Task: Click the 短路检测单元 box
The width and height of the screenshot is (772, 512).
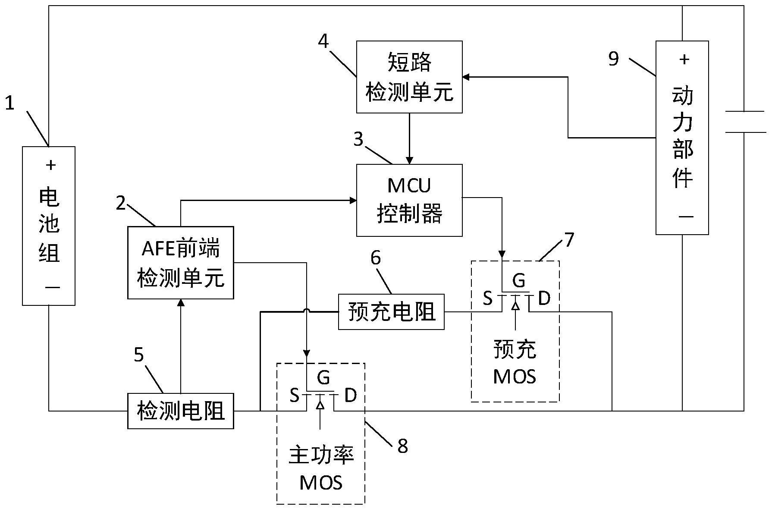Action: pyautogui.click(x=409, y=77)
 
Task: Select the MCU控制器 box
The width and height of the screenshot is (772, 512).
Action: pyautogui.click(x=409, y=200)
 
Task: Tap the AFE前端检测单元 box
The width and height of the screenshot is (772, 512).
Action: pyautogui.click(x=180, y=262)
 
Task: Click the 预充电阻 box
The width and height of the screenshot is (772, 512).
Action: pyautogui.click(x=391, y=311)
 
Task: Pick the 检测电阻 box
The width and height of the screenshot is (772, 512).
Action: pyautogui.click(x=180, y=411)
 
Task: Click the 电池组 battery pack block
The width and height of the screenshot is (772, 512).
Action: pyautogui.click(x=49, y=226)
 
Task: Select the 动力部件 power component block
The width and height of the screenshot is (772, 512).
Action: pyautogui.click(x=682, y=138)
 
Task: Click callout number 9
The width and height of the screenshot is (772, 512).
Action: pyautogui.click(x=613, y=58)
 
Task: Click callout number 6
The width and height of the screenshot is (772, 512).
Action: pyautogui.click(x=376, y=258)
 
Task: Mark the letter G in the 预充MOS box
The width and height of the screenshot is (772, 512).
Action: pyautogui.click(x=519, y=281)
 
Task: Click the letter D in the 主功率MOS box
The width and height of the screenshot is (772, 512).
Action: pyautogui.click(x=351, y=395)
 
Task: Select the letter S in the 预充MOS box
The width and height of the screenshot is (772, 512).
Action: pyautogui.click(x=487, y=298)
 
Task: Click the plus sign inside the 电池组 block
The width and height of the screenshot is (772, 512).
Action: pyautogui.click(x=51, y=165)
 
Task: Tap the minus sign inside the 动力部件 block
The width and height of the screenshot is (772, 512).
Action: pyautogui.click(x=686, y=216)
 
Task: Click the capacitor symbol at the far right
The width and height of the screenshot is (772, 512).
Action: pyautogui.click(x=744, y=121)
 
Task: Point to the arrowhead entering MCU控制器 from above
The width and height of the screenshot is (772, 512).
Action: pyautogui.click(x=409, y=160)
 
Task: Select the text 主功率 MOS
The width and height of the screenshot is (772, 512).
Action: pyautogui.click(x=321, y=469)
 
